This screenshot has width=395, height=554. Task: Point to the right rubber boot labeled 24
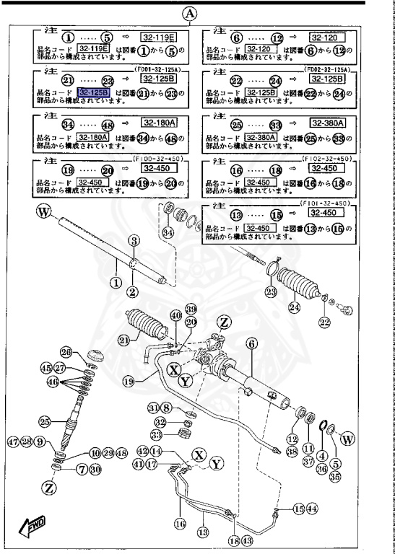(x=306, y=286)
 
